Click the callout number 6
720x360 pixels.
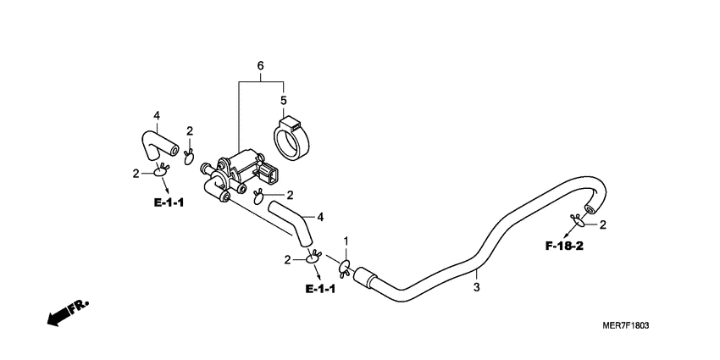[x=260, y=66]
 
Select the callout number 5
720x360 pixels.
[x=283, y=100]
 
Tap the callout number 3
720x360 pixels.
[x=477, y=288]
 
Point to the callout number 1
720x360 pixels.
[x=346, y=241]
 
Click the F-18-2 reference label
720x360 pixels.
[x=564, y=246]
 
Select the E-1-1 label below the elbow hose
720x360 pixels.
[x=169, y=202]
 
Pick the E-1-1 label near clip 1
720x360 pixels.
[x=320, y=289]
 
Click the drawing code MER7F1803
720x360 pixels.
[x=626, y=325]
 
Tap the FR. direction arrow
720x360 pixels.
[x=68, y=313]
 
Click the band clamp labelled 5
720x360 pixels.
[x=291, y=139]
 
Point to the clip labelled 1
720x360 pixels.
[x=345, y=267]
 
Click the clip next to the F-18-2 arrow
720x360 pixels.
[x=577, y=220]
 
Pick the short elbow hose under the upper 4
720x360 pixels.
[x=159, y=146]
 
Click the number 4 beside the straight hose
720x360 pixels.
[x=320, y=217]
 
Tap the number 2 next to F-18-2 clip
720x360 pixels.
[x=603, y=224]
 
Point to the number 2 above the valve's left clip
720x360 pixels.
[x=190, y=131]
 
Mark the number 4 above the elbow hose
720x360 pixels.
[x=157, y=116]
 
